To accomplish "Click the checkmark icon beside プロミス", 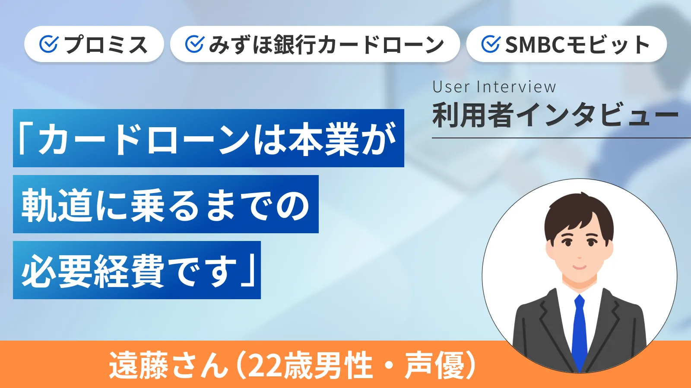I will [48, 44].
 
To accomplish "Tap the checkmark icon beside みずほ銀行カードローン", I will [194, 44].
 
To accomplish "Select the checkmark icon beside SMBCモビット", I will [490, 44].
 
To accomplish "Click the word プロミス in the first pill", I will [106, 45].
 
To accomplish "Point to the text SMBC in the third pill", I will [535, 45].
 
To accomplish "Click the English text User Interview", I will [494, 87].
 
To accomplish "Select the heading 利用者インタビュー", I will [555, 116].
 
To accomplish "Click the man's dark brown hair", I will [579, 211].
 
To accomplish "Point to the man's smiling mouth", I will [579, 266].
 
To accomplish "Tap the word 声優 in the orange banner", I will [434, 366].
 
